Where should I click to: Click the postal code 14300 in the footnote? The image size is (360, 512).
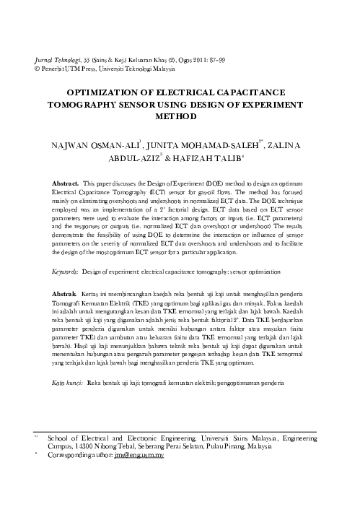(x=84, y=448)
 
